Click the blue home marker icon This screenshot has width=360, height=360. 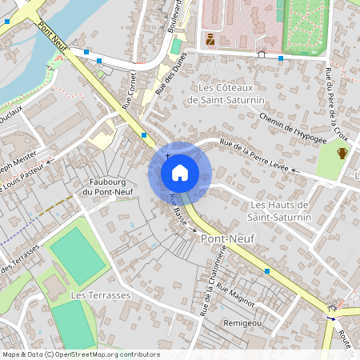click(x=180, y=172)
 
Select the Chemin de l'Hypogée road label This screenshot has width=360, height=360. click(x=293, y=128)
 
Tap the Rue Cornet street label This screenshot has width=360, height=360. click(x=130, y=91)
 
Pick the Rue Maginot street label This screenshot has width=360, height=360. click(x=235, y=296)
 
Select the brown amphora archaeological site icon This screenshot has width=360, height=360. click(x=342, y=153)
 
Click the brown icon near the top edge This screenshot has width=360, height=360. click(x=210, y=39)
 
